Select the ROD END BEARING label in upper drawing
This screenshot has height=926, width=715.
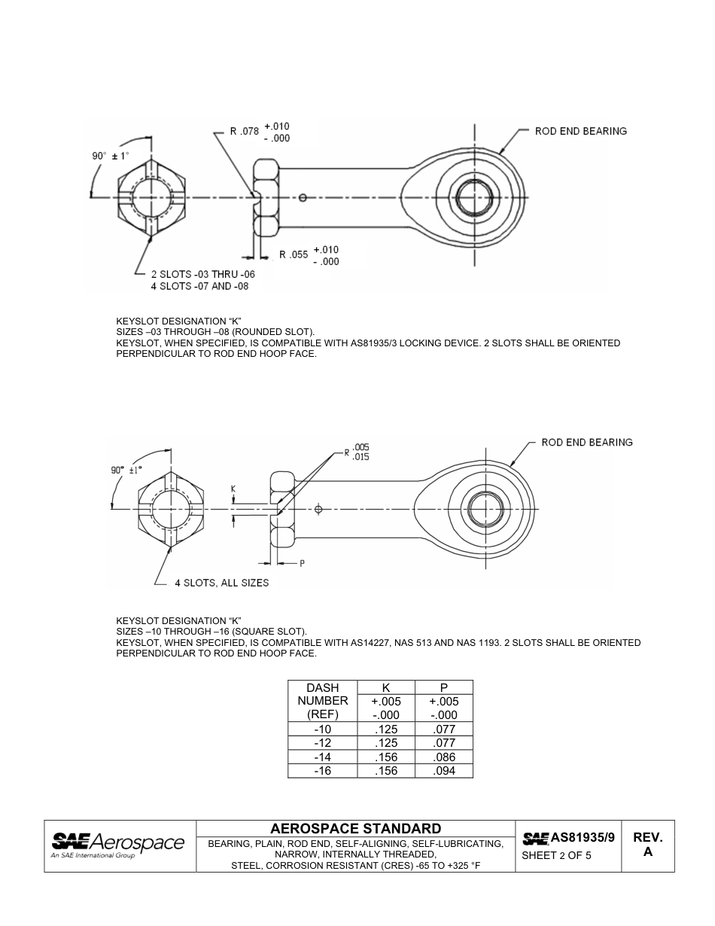click(x=580, y=131)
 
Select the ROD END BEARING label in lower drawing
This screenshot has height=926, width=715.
click(x=586, y=443)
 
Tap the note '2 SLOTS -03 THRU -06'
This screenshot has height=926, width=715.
click(x=202, y=275)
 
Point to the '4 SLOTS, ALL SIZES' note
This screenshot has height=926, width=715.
click(x=221, y=583)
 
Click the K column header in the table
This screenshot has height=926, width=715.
click(x=385, y=687)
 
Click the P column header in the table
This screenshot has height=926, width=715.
click(x=444, y=687)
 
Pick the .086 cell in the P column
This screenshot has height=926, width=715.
click(x=444, y=757)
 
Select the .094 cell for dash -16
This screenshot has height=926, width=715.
click(x=444, y=771)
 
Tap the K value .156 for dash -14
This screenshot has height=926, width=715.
click(x=385, y=757)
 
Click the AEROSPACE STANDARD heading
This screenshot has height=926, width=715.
click(x=355, y=829)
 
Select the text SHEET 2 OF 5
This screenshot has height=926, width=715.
click(x=556, y=856)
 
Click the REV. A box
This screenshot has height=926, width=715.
click(x=647, y=845)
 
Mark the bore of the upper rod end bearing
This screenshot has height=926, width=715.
click(x=474, y=198)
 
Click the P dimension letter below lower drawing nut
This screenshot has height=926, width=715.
click(x=302, y=562)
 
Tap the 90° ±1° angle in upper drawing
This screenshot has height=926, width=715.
click(x=111, y=156)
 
